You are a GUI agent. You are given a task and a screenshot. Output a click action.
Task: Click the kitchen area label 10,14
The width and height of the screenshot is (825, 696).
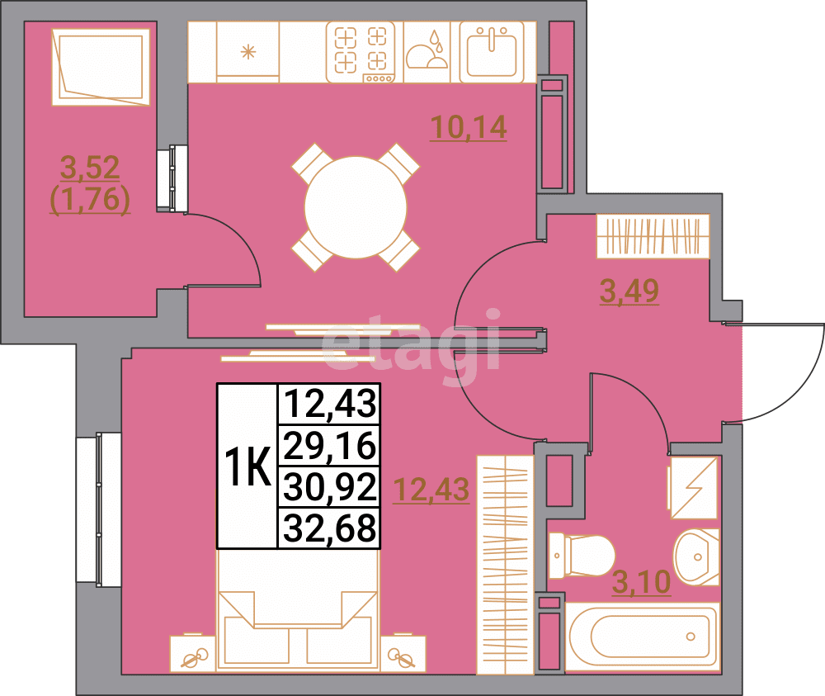click(x=467, y=128)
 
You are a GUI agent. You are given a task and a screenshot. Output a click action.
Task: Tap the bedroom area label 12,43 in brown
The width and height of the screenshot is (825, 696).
click(x=431, y=490)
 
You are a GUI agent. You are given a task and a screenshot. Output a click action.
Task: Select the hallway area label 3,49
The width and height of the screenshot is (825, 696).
click(x=629, y=291)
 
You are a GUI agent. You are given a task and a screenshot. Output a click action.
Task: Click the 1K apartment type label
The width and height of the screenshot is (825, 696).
click(x=247, y=468)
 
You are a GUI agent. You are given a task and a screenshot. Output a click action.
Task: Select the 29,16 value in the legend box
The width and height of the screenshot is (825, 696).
click(x=329, y=447)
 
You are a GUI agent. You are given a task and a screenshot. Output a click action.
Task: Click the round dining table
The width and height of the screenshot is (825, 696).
click(x=356, y=207)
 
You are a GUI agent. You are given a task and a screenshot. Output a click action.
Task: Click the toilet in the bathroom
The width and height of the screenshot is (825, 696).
click(x=582, y=555)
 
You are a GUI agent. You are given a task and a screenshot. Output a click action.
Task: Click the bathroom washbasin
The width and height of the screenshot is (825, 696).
click(x=697, y=555)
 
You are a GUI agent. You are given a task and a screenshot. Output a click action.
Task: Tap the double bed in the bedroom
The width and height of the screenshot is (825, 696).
click(x=297, y=611)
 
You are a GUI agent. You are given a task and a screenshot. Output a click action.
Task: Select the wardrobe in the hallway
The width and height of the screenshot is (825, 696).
click(x=653, y=235)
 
